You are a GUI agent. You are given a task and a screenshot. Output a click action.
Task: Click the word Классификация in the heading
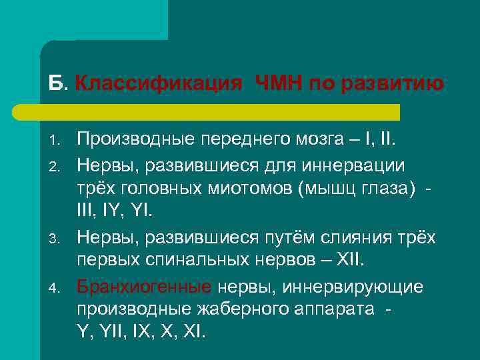click(158, 84)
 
